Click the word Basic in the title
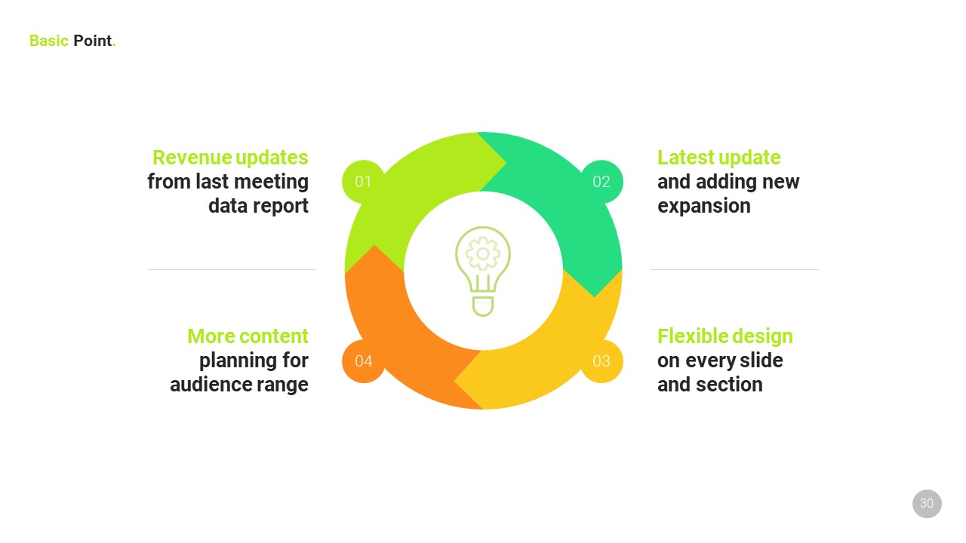point(49,41)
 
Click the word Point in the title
point(93,41)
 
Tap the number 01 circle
point(363,182)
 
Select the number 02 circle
point(601,182)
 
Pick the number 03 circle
point(601,361)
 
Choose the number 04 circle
point(363,361)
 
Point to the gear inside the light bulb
point(483,254)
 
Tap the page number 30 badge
point(927,504)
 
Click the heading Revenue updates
point(230,158)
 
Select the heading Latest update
point(718,158)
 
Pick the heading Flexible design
point(724,336)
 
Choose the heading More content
point(248,336)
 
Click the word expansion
point(703,207)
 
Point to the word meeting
point(271,182)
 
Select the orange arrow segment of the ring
point(392,324)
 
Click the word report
point(283,207)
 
